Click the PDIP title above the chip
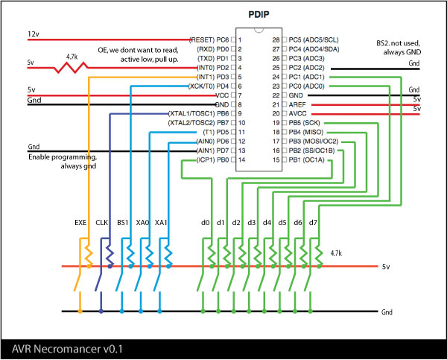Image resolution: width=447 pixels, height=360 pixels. coord(259,15)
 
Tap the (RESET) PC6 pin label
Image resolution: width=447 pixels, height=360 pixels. coord(209,40)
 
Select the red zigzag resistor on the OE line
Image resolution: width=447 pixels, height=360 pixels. coord(71,68)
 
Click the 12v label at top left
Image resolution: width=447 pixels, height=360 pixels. coord(34,34)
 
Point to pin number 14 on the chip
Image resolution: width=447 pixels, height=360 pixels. coord(241,160)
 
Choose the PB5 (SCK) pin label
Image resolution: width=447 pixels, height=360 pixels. coord(304,123)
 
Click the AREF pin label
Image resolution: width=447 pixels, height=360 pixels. coord(297,104)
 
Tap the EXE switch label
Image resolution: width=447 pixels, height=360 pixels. coord(80,223)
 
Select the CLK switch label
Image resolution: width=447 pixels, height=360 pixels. coord(101,223)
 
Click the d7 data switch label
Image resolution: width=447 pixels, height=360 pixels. coord(313,223)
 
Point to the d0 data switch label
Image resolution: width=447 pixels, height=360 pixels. coord(206,223)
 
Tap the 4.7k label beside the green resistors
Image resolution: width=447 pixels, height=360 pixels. coord(336,253)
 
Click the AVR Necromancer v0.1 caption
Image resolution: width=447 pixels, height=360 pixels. coord(67,349)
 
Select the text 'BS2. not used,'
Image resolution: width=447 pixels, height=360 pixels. coord(398,43)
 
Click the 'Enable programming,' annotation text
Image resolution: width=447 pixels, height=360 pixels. coord(63,157)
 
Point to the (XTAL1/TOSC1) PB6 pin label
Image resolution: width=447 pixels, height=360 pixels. coord(198,114)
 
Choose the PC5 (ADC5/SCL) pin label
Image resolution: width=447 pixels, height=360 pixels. coord(314,40)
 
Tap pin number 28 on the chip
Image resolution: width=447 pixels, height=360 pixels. coord(276,40)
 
